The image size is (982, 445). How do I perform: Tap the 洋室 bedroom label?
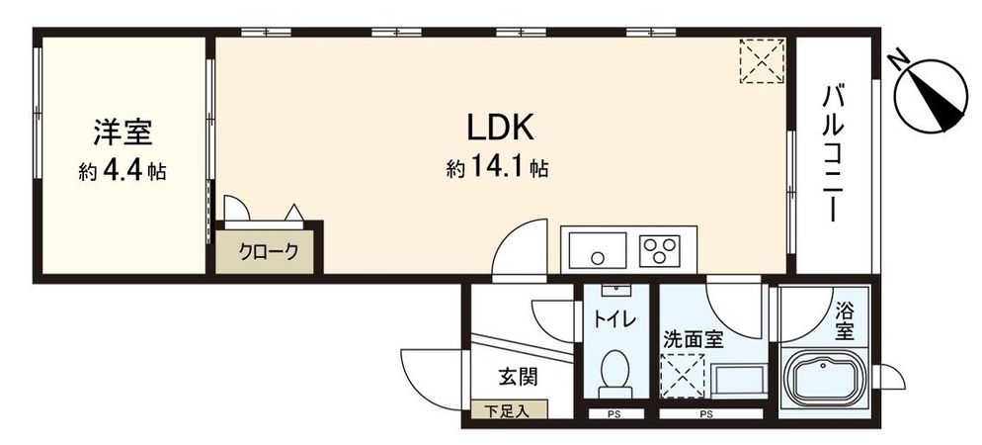point(123,133)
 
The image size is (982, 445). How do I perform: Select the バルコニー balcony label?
point(833,154)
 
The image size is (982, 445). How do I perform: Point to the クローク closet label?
point(269,251)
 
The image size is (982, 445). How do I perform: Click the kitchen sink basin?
point(597,249)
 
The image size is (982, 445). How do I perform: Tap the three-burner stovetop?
point(663,249)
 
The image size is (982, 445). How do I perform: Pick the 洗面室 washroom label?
point(693,338)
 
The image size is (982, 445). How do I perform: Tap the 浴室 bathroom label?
point(845,321)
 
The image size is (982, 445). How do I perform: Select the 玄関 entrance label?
point(517,376)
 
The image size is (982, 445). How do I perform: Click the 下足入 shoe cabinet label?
point(506,409)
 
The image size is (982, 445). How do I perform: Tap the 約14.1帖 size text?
point(497,169)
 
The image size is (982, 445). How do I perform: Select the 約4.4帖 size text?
point(123,171)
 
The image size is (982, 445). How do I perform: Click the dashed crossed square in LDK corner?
point(762,61)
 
